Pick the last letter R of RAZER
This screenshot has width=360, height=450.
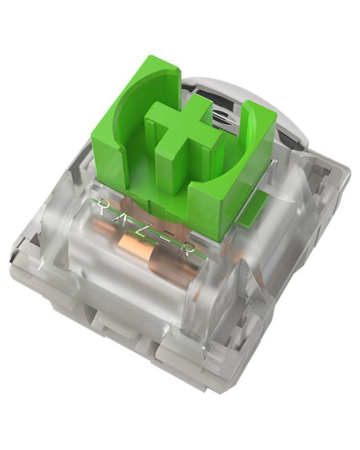(x=185, y=248)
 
